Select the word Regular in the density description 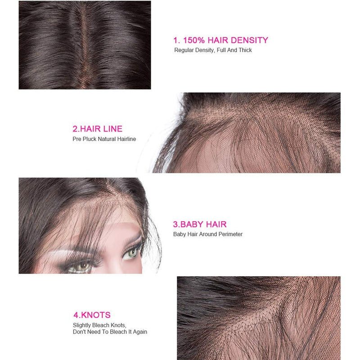184,50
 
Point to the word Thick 245,50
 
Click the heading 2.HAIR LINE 97,129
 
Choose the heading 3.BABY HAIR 200,224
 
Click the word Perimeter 229,234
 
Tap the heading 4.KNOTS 92,315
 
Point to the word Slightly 82,325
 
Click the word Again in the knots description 139,332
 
